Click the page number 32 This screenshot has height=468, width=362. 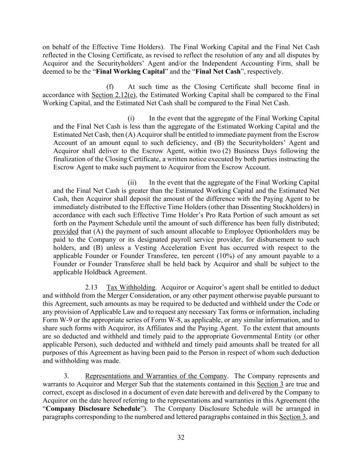[181, 437]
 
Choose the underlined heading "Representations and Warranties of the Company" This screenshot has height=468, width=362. [156, 376]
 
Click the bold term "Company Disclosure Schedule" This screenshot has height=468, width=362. [93, 409]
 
